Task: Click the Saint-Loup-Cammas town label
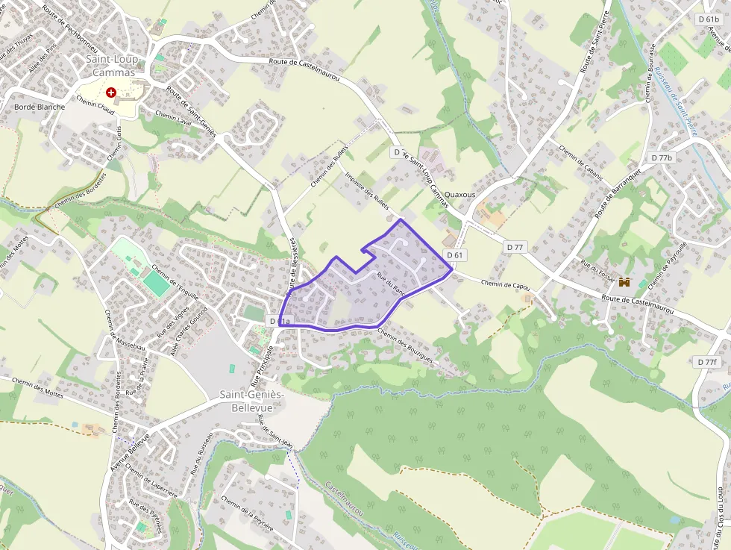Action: pyautogui.click(x=110, y=65)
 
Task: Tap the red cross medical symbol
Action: pyautogui.click(x=111, y=93)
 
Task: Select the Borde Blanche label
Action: pyautogui.click(x=40, y=107)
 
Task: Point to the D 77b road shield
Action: pyautogui.click(x=662, y=157)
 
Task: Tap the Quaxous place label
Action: pyautogui.click(x=459, y=195)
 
